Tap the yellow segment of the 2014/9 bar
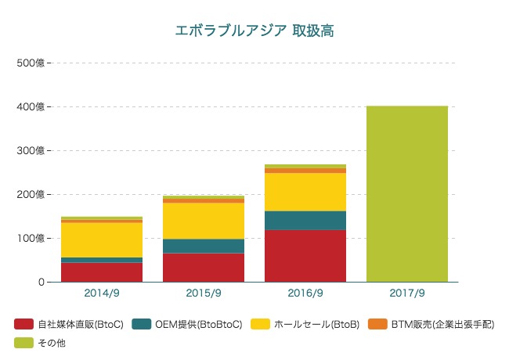pos(102,239)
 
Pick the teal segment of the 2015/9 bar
pos(204,246)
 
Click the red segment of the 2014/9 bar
pos(102,272)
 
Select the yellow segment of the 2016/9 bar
pos(305,192)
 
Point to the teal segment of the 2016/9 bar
pos(305,220)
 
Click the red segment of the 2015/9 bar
pos(204,267)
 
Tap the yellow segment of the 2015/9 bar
pos(204,221)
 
